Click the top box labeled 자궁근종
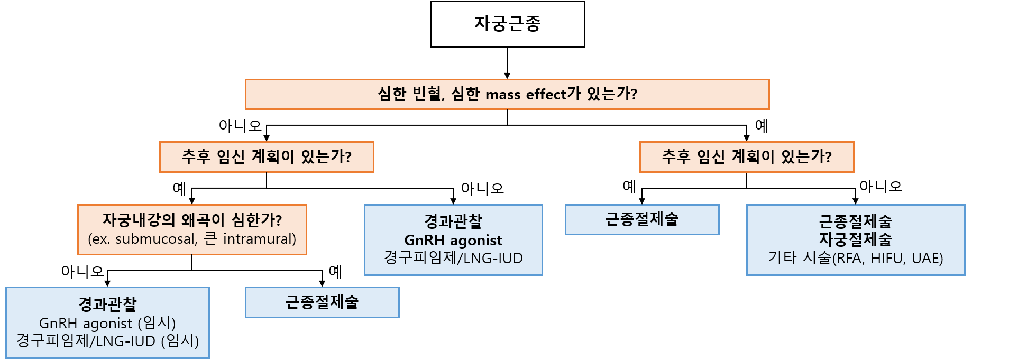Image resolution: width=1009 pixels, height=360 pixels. click(507, 24)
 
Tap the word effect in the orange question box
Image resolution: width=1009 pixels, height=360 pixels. click(546, 94)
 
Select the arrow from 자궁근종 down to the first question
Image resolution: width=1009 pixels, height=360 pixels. click(507, 63)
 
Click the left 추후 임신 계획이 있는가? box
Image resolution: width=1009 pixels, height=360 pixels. click(267, 157)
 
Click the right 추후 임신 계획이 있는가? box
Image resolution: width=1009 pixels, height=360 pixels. click(746, 157)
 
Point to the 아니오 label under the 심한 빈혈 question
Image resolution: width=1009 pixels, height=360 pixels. click(240, 126)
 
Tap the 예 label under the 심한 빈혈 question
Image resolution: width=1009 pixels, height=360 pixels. click(761, 126)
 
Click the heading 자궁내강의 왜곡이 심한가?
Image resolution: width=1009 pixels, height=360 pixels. click(192, 220)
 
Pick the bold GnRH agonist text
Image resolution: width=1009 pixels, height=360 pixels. click(453, 241)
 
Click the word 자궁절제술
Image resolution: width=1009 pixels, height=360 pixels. click(855, 239)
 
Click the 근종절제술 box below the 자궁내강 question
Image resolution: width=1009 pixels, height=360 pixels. click(322, 302)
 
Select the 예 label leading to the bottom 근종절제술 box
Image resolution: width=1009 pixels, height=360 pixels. click(335, 272)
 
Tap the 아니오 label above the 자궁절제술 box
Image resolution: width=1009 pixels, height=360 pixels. click(880, 187)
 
